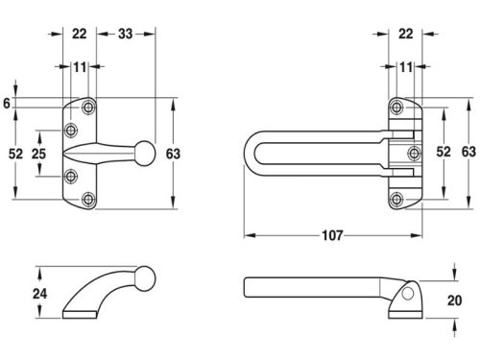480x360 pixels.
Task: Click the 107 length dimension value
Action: [x=332, y=235]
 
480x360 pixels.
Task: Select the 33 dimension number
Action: [x=125, y=34]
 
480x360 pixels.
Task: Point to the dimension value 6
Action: [x=7, y=104]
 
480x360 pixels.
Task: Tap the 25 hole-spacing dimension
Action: [x=38, y=154]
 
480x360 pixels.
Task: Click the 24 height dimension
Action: [x=39, y=294]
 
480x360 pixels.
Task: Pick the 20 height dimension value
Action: [x=454, y=300]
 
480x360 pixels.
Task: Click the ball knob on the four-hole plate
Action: [x=146, y=154]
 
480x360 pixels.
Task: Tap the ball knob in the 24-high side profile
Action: [x=146, y=278]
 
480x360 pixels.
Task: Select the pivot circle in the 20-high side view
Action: [x=408, y=294]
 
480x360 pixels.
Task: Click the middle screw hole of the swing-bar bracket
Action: [x=415, y=154]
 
